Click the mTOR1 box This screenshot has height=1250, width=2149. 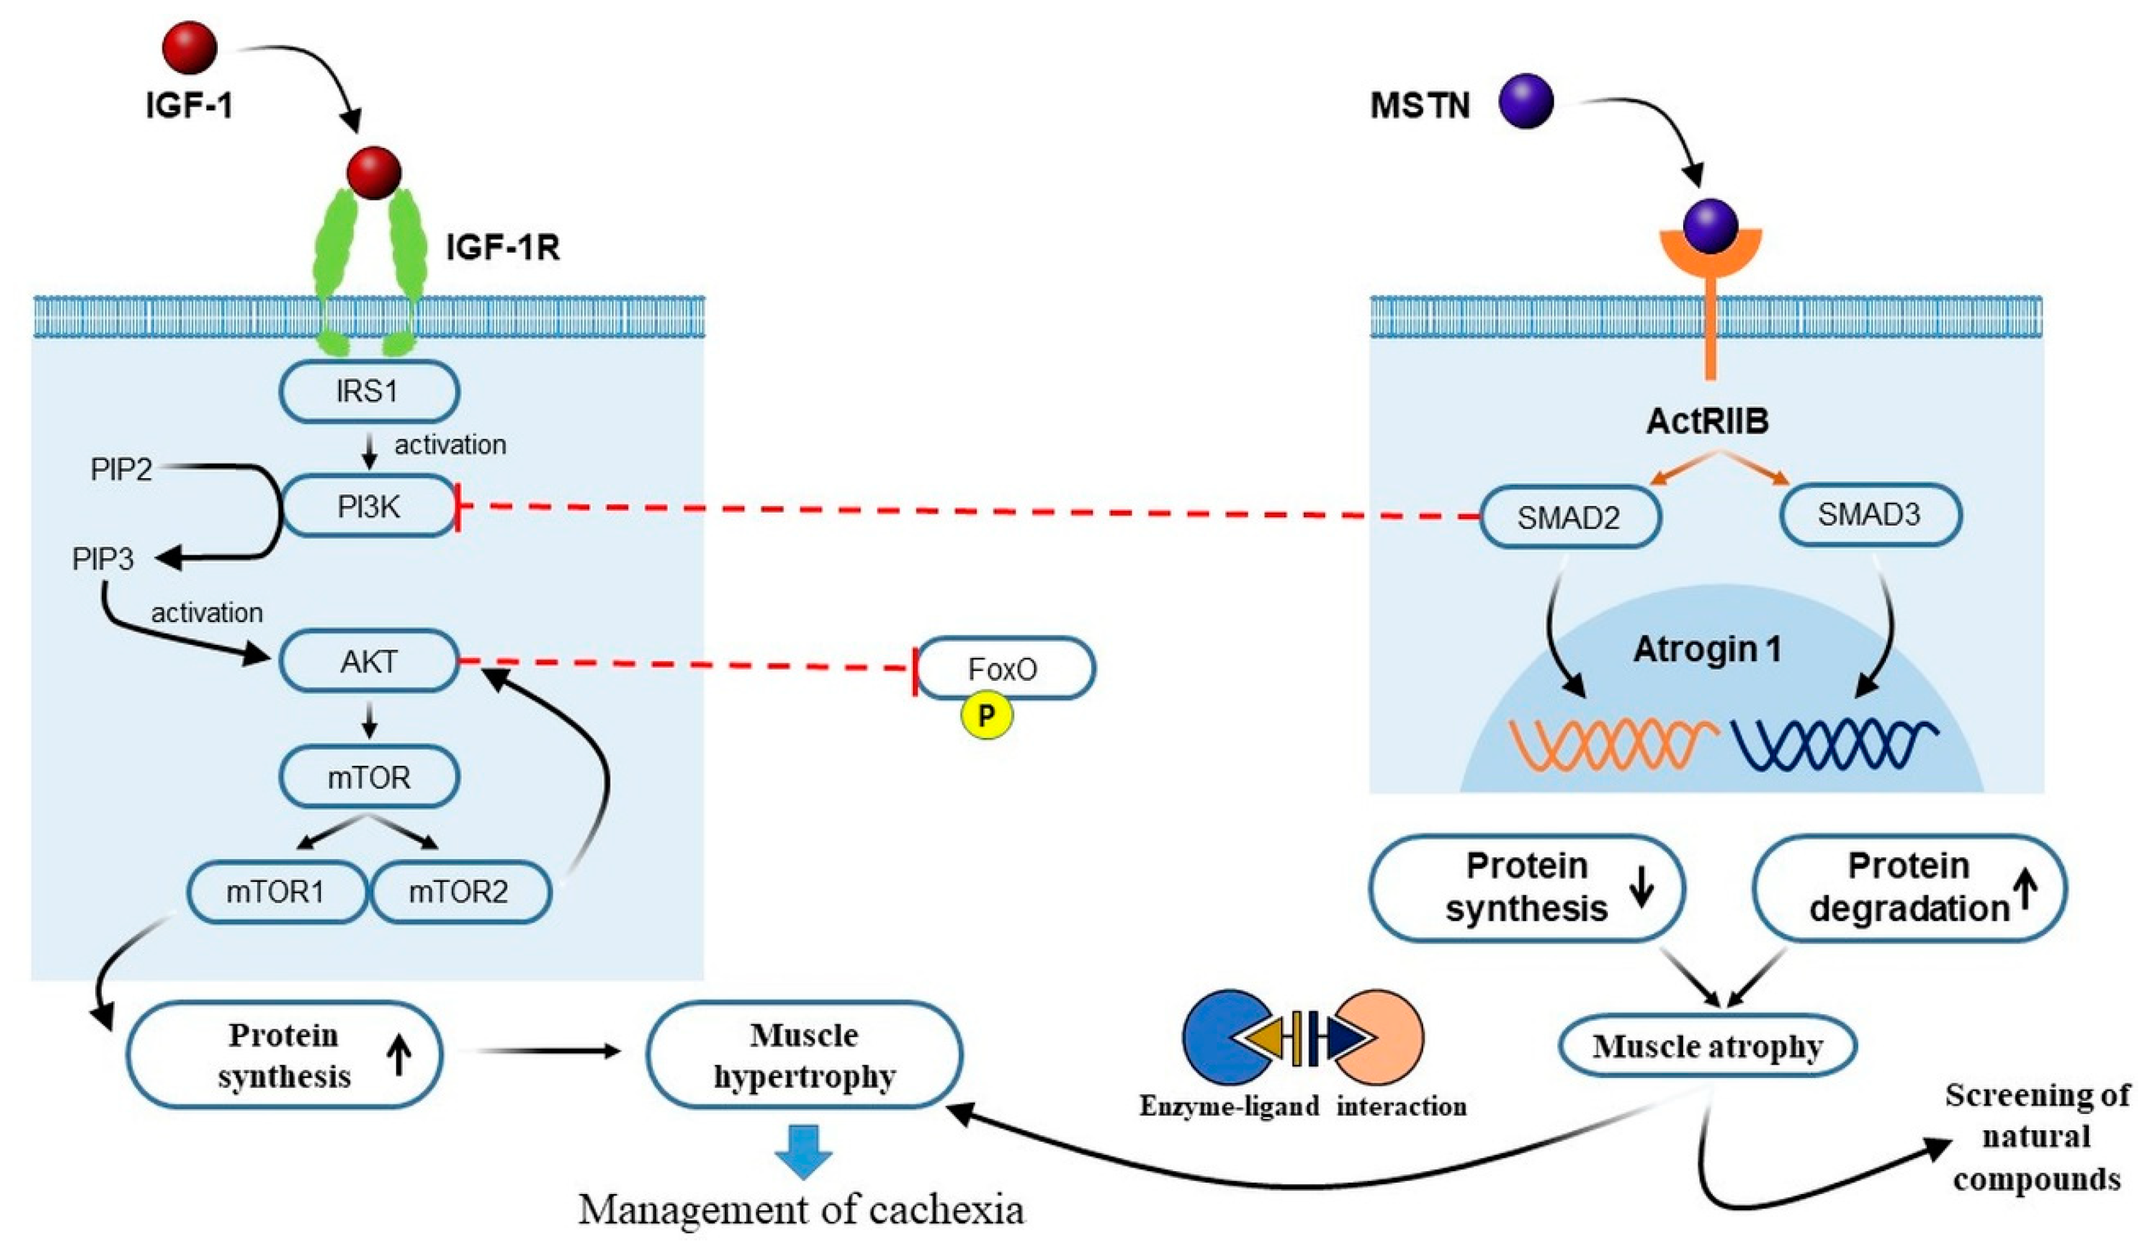276,892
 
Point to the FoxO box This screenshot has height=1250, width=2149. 1004,668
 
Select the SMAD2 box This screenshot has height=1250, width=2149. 1569,517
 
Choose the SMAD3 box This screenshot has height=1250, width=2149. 1869,514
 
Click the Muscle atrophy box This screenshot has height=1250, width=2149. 1707,1045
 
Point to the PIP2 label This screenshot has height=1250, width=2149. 121,469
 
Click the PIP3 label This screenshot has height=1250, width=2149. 103,559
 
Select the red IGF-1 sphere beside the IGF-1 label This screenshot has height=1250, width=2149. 190,48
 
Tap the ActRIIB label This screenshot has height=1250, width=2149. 1707,421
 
